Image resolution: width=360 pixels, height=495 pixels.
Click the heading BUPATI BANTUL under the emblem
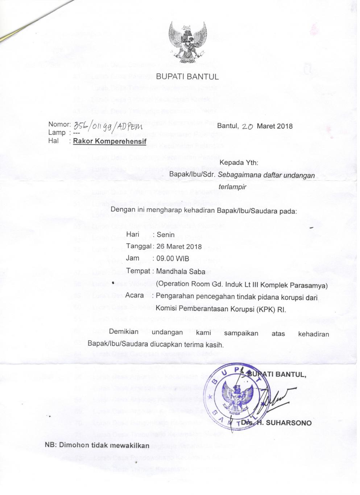tap(187, 77)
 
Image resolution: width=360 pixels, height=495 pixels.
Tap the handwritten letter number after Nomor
tap(108, 126)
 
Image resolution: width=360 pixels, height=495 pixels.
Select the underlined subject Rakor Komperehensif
tap(109, 141)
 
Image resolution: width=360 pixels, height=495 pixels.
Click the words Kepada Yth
tap(239, 163)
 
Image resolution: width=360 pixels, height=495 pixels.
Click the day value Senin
tap(166, 235)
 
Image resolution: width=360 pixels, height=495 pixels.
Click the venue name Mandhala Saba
tap(181, 271)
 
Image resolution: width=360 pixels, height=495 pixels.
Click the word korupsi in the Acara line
tap(293, 297)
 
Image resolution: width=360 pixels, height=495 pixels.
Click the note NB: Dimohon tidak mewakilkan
tap(97, 445)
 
